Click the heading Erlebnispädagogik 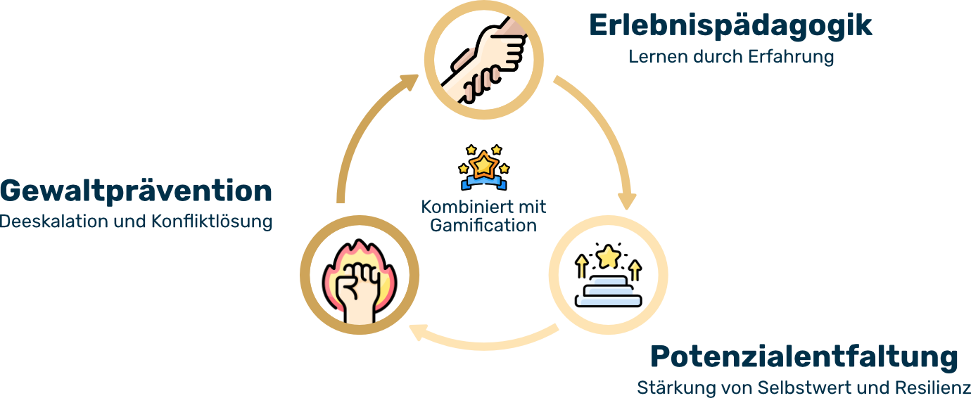tap(730, 26)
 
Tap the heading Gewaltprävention tap(136, 191)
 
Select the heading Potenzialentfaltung tap(804, 357)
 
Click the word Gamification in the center tap(483, 226)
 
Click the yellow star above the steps tap(607, 257)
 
